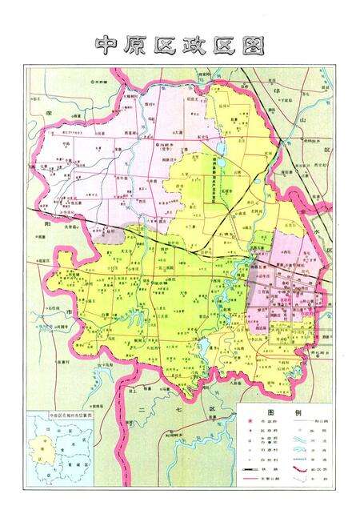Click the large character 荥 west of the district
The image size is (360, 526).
[x=49, y=114]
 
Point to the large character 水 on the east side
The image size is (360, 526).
[x=327, y=226]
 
